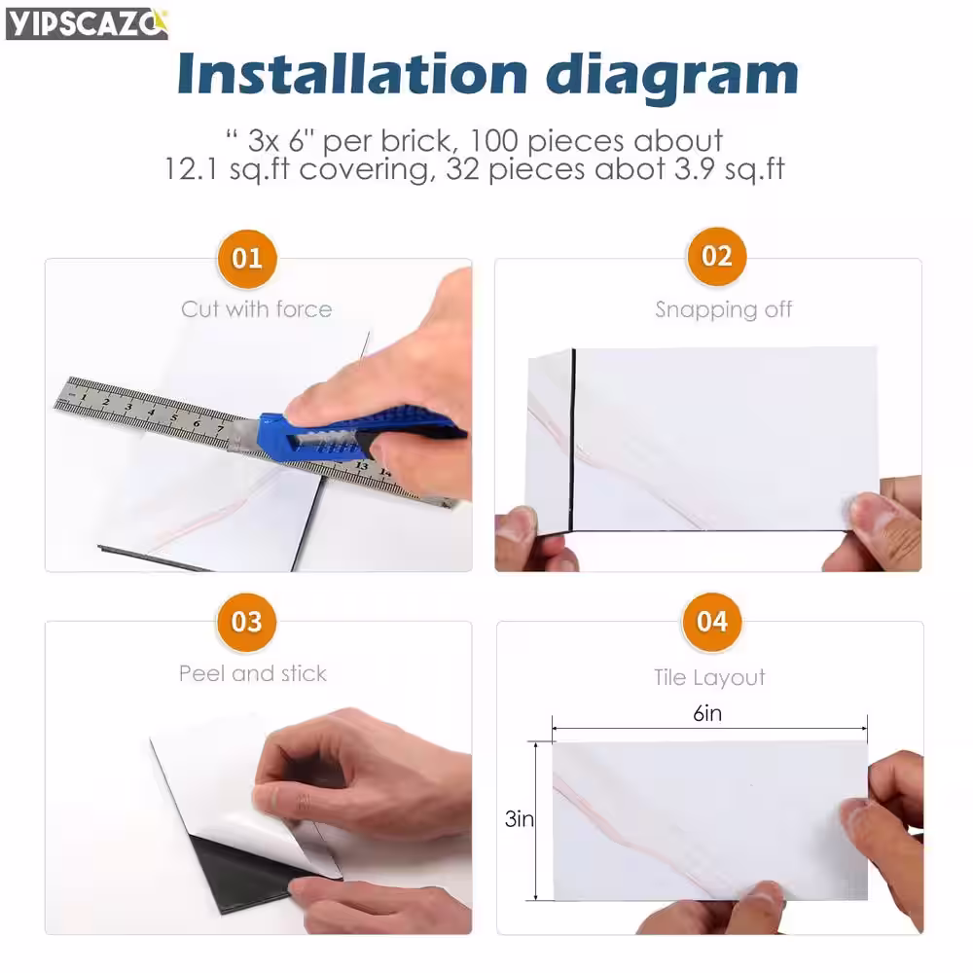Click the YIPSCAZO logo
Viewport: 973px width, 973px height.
87,24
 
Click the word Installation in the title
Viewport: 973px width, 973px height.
352,74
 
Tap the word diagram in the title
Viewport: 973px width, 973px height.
672,77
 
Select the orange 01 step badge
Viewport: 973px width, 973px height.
247,259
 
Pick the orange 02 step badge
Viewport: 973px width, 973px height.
717,256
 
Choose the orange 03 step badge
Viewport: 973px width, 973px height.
247,622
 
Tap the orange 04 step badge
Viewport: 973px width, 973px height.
712,622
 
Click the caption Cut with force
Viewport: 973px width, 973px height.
256,309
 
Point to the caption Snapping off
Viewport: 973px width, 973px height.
724,309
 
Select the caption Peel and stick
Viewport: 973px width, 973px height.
253,673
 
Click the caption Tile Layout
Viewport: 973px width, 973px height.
709,677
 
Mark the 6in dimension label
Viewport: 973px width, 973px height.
707,713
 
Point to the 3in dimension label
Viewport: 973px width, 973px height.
519,819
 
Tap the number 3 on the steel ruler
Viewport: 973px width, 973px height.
128,407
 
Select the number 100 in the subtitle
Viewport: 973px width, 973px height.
493,141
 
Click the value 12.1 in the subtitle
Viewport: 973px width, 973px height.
191,168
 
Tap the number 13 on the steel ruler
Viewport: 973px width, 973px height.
361,465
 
